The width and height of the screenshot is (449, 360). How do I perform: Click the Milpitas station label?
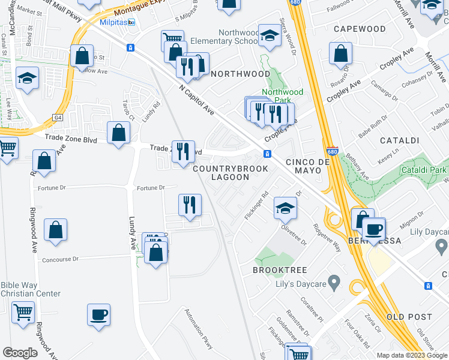pos(113,22)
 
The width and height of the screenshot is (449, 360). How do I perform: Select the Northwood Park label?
pos(283,96)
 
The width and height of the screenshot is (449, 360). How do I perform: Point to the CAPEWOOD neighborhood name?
pos(360,29)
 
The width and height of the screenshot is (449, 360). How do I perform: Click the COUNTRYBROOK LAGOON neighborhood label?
pos(230,173)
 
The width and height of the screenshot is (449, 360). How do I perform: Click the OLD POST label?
pos(409,317)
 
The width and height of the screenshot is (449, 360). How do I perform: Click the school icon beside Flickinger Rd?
pos(285,208)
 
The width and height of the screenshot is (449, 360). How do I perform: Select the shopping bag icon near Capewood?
pos(340,53)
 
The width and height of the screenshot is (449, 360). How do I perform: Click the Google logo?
pos(20,353)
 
